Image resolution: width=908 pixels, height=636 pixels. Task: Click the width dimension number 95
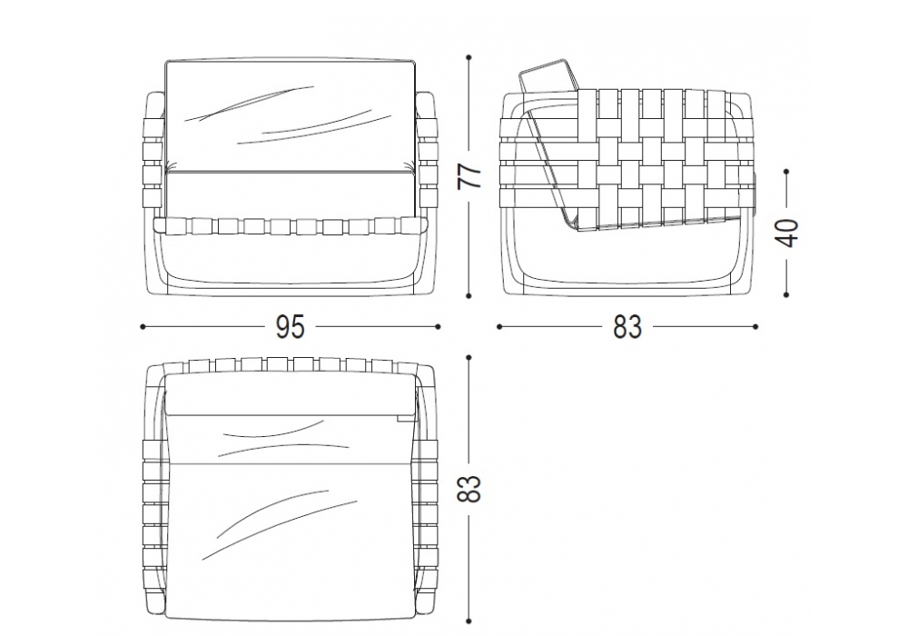click(290, 327)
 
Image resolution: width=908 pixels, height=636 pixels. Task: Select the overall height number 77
click(469, 175)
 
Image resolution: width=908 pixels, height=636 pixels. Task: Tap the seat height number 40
click(787, 233)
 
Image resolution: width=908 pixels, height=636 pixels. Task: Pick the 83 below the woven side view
click(627, 327)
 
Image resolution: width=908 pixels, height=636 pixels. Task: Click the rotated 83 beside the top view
click(469, 489)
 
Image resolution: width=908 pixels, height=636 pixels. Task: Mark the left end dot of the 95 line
click(143, 327)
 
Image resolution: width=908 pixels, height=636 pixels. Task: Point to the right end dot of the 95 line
click(438, 327)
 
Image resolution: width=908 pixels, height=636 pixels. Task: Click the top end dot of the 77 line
click(469, 57)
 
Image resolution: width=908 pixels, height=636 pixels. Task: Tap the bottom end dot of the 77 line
click(469, 295)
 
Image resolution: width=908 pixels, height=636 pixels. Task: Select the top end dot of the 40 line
click(785, 172)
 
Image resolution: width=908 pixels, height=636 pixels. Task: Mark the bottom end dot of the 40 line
click(785, 294)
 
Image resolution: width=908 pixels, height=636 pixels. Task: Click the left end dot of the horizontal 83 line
click(499, 327)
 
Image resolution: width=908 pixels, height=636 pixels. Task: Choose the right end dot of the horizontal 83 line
click(755, 327)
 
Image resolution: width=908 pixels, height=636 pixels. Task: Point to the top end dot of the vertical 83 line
click(469, 358)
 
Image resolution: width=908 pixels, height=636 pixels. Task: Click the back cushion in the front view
click(291, 115)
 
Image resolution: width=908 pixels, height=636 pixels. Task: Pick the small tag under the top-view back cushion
click(403, 416)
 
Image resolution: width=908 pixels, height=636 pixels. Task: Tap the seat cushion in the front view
click(291, 194)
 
